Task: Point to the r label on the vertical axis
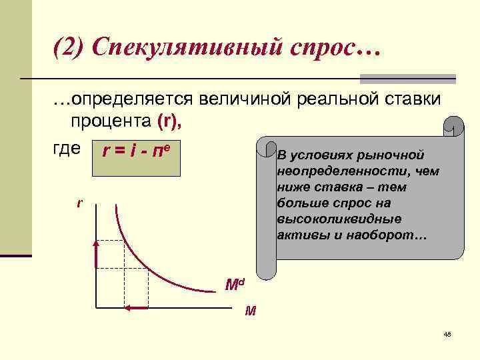80,201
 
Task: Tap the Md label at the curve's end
235,286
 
